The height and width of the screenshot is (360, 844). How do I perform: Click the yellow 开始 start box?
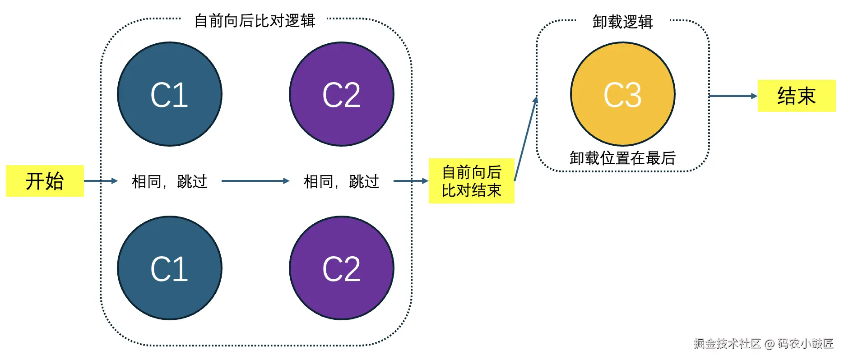pos(45,181)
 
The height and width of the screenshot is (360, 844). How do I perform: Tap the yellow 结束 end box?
pos(796,96)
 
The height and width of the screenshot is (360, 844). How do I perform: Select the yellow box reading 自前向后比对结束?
pos(471,181)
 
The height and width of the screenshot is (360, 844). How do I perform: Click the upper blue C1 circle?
pos(169,94)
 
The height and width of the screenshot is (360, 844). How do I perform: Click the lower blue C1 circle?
pos(169,268)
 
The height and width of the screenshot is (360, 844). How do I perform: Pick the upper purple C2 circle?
pos(341,94)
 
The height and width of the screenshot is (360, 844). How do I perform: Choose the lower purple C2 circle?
pos(341,268)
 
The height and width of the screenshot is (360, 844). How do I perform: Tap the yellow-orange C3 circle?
pos(622,94)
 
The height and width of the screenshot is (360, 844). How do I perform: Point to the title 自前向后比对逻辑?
pos(255,21)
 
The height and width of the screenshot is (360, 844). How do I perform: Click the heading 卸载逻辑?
pos(622,22)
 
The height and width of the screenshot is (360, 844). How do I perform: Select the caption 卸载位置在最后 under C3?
pos(622,158)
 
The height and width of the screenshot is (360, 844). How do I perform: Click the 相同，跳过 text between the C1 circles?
pos(169,181)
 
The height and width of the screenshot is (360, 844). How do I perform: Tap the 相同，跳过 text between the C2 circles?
pos(341,181)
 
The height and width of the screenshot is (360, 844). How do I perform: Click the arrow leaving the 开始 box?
pos(100,181)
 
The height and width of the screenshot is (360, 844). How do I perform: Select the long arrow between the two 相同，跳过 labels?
pos(255,181)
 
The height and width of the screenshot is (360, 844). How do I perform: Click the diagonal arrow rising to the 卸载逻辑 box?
pos(525,139)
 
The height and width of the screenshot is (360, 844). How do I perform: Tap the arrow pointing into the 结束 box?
pos(733,96)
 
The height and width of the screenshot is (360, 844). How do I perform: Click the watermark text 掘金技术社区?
pos(727,344)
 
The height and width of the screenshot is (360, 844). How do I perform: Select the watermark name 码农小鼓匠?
pos(806,344)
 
